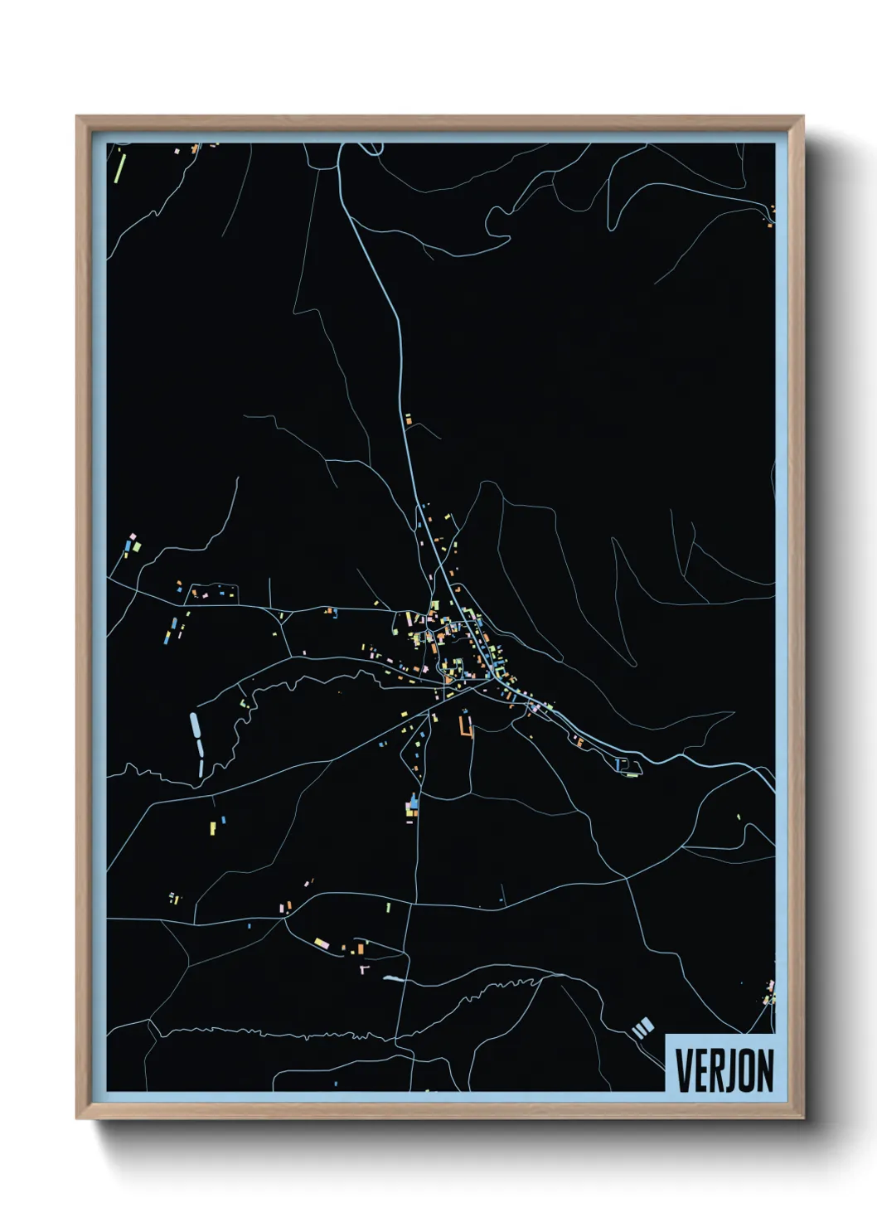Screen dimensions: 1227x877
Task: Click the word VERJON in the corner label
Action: pyautogui.click(x=724, y=1070)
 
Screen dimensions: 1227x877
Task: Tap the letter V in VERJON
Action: pyautogui.click(x=684, y=1070)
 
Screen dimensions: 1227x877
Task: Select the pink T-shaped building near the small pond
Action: pyautogui.click(x=363, y=968)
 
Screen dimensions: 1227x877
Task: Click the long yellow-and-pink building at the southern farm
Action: pyautogui.click(x=323, y=943)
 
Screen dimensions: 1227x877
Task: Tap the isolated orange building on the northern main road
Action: pyautogui.click(x=408, y=420)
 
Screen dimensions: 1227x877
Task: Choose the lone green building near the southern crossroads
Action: pyautogui.click(x=388, y=908)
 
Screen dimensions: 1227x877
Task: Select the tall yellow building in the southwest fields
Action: pyautogui.click(x=213, y=827)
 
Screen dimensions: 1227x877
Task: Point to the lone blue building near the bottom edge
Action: pyautogui.click(x=336, y=1083)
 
